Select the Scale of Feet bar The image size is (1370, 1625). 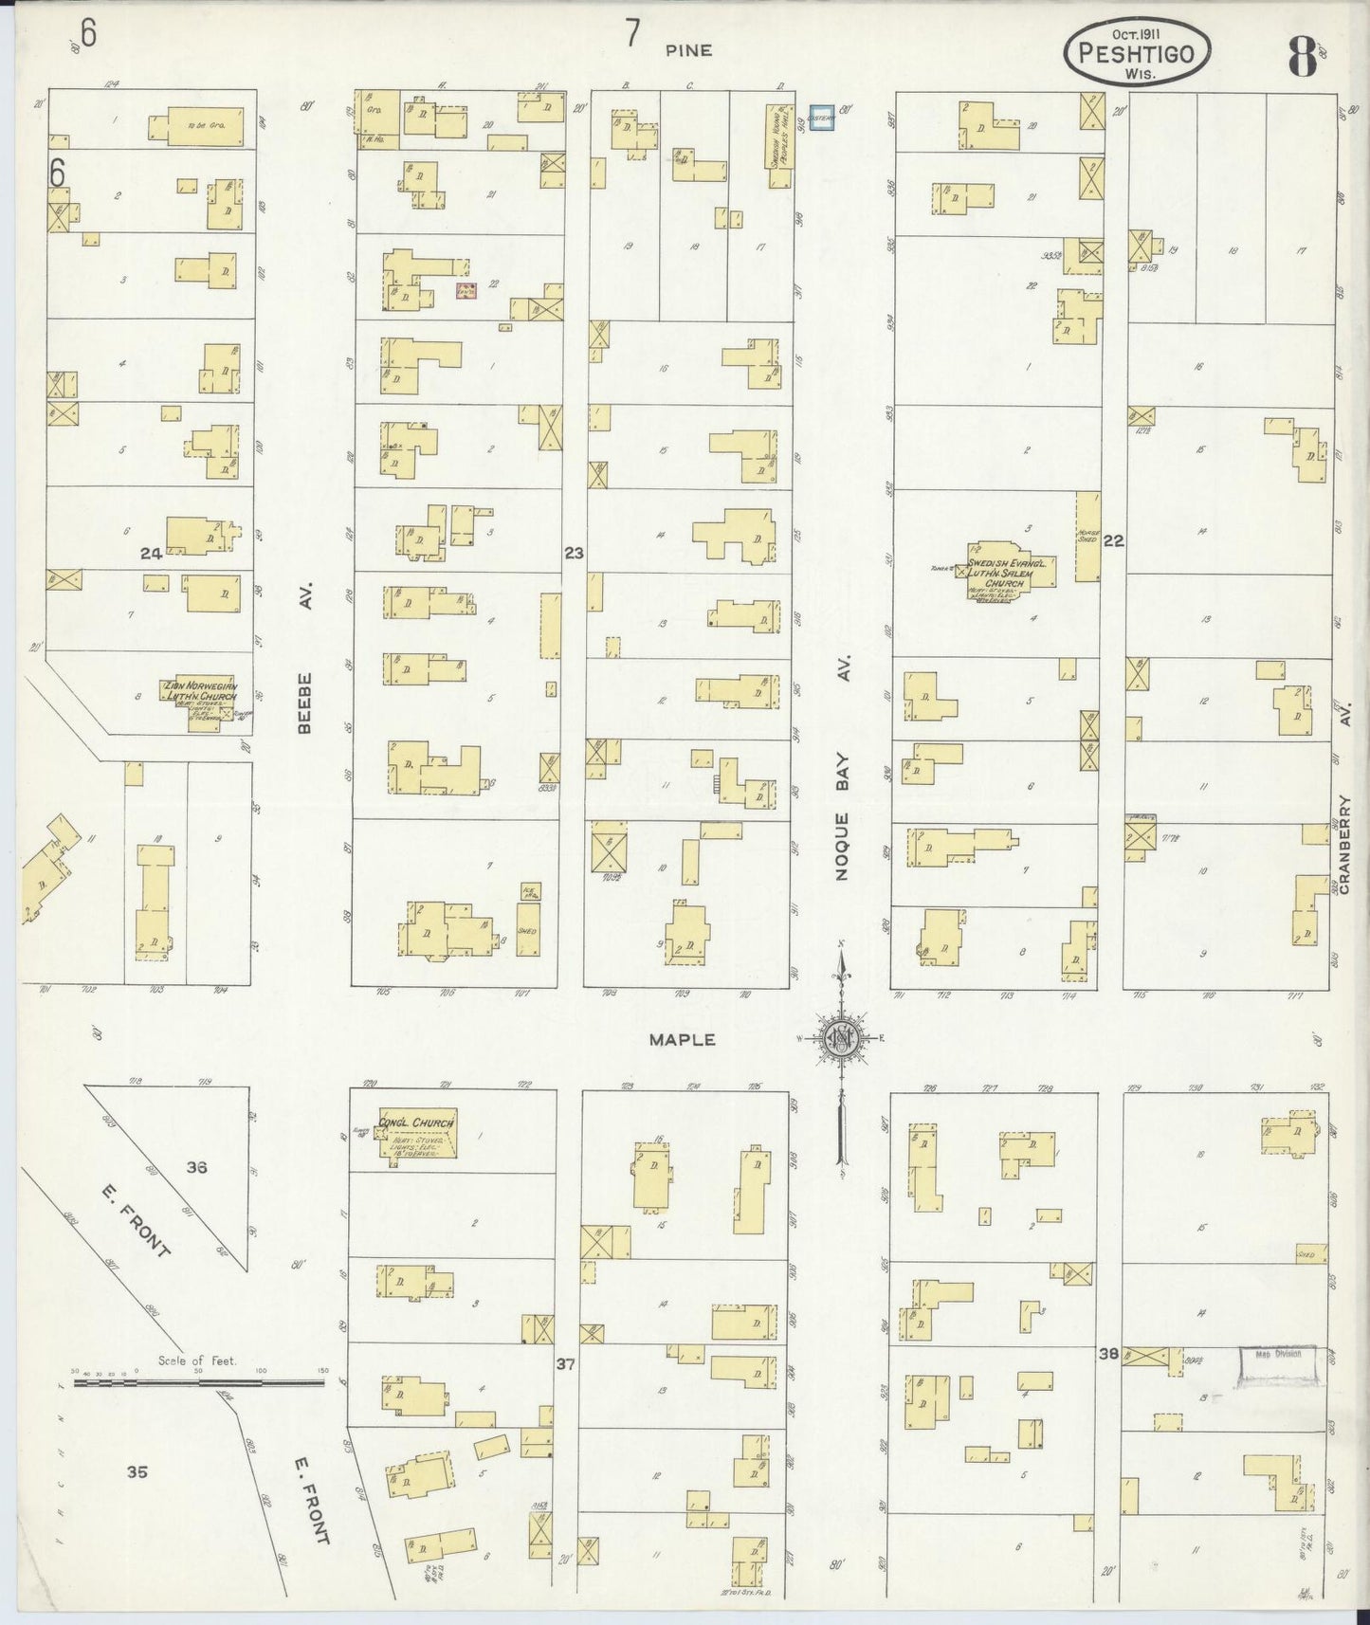click(199, 1382)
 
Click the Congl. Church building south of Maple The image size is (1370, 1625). click(417, 1132)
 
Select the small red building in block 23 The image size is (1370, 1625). click(466, 291)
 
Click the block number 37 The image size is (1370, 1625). click(566, 1364)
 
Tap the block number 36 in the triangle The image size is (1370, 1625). click(196, 1167)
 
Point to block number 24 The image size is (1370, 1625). click(151, 554)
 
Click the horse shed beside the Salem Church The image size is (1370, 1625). click(1087, 537)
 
